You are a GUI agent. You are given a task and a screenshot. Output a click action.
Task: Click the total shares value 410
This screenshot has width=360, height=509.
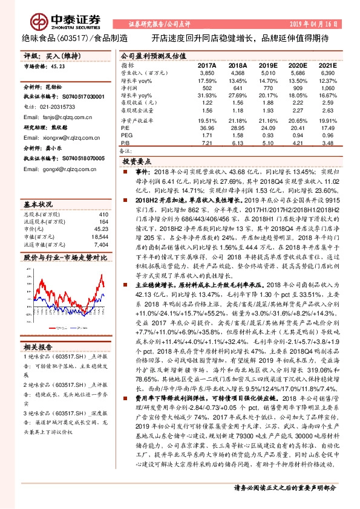pos(102,215)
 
